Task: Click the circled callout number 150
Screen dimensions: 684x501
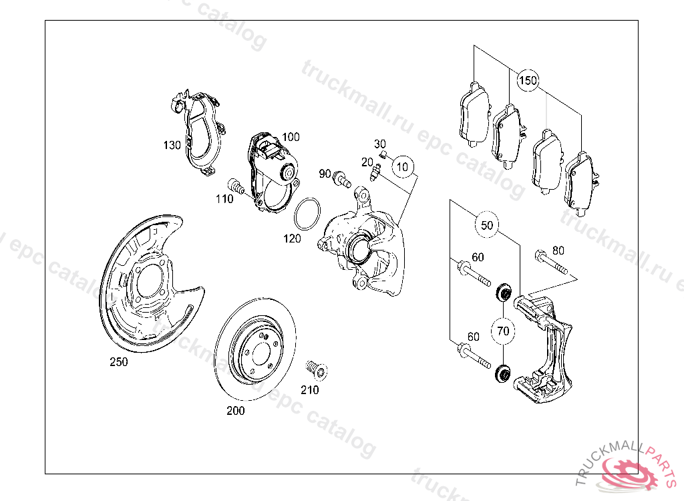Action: pyautogui.click(x=528, y=81)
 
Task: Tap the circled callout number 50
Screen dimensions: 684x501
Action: pyautogui.click(x=487, y=225)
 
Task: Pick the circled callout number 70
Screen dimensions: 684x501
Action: pyautogui.click(x=503, y=330)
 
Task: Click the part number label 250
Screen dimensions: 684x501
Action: pyautogui.click(x=118, y=362)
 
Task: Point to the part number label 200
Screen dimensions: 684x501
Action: pyautogui.click(x=235, y=411)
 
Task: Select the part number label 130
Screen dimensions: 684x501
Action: pyautogui.click(x=172, y=144)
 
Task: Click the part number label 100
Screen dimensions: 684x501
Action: pyautogui.click(x=290, y=137)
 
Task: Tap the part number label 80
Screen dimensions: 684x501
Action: pyautogui.click(x=558, y=251)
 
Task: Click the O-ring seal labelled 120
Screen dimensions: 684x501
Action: pyautogui.click(x=307, y=214)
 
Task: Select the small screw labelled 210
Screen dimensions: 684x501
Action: pyautogui.click(x=314, y=369)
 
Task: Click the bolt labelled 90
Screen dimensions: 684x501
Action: pyautogui.click(x=342, y=178)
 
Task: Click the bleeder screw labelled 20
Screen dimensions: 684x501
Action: pyautogui.click(x=375, y=174)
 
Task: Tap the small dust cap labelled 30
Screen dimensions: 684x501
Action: pyautogui.click(x=383, y=155)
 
